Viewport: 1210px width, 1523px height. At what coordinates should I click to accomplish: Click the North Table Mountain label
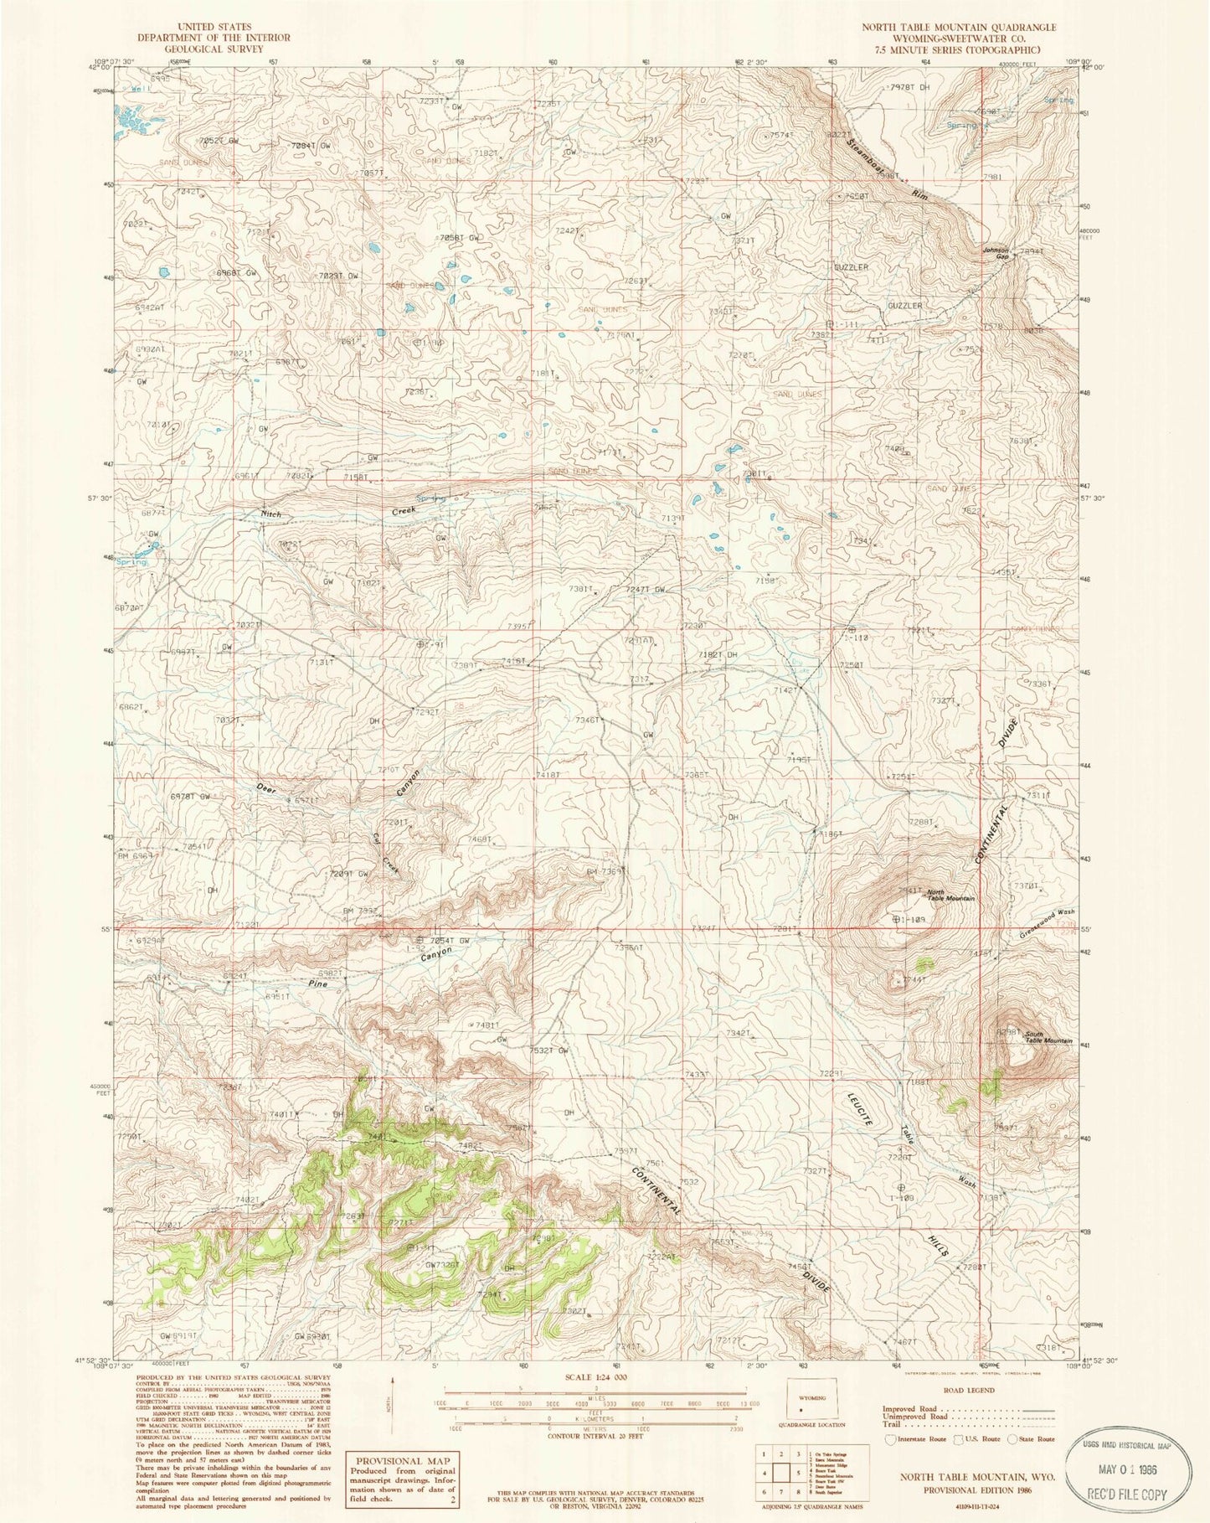coord(950,895)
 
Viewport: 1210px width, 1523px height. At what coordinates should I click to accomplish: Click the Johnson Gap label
coord(996,253)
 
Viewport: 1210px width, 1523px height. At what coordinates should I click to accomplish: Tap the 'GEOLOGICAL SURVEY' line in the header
coord(214,49)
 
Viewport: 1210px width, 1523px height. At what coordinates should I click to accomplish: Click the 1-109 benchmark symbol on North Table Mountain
coord(897,919)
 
